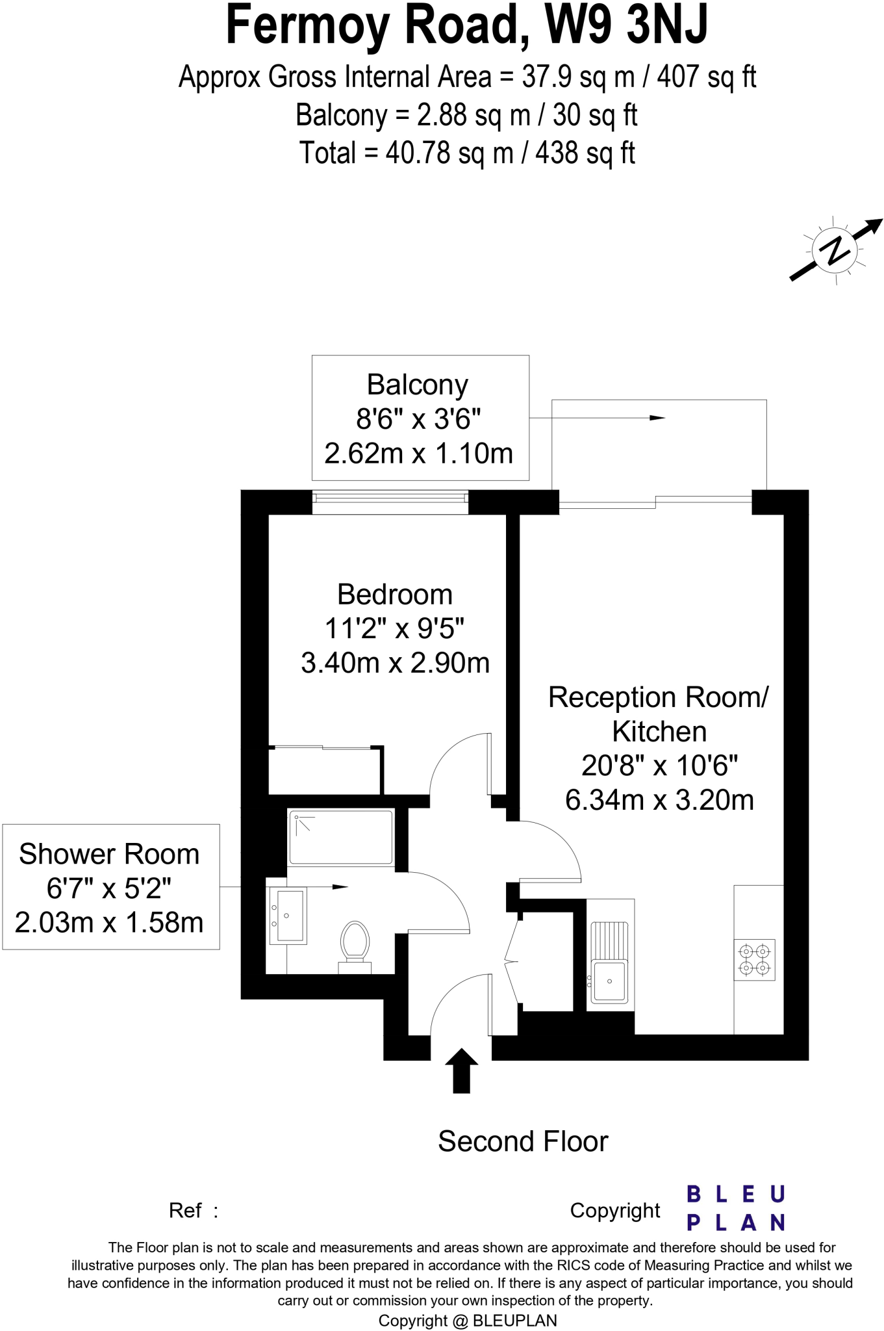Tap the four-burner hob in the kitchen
click(755, 960)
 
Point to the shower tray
click(341, 838)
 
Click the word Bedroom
click(395, 595)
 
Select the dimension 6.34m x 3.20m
click(659, 800)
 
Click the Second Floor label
click(523, 1142)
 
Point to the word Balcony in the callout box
click(418, 385)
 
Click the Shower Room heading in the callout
click(109, 854)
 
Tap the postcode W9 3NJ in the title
click(626, 25)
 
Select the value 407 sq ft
click(707, 77)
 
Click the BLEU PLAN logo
click(736, 1208)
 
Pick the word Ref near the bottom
click(186, 1211)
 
